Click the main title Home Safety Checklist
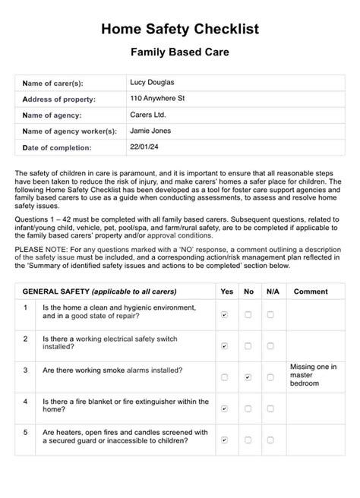(x=180, y=29)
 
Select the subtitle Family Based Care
(x=180, y=54)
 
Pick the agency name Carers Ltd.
(x=148, y=115)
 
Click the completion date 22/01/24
(x=144, y=147)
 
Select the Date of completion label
(x=57, y=147)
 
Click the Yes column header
(x=226, y=292)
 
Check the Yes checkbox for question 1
(x=224, y=314)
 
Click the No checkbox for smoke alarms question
(x=248, y=377)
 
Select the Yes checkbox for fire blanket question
(x=224, y=408)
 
